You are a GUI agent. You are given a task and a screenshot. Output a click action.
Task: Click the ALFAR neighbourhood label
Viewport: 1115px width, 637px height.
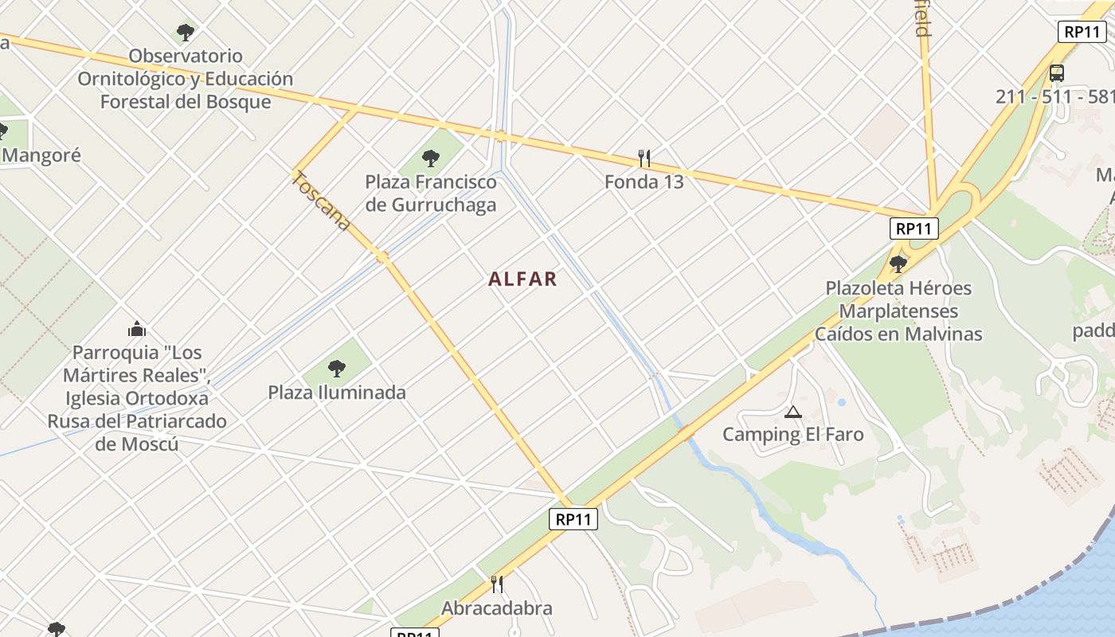522,279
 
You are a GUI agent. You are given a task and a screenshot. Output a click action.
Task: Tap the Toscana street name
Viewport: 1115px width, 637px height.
321,201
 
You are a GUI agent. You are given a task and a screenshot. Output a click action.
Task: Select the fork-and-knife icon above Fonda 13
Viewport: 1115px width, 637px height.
644,158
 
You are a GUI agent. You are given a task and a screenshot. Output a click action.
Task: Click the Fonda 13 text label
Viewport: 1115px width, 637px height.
644,182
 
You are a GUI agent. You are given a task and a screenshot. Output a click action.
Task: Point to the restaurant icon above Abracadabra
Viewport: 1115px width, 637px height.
497,584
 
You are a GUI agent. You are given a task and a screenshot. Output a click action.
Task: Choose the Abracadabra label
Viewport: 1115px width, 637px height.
497,608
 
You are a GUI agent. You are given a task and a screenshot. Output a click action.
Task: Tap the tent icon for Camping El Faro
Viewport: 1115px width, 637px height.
792,412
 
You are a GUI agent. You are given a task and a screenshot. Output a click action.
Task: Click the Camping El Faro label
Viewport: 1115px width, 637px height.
792,435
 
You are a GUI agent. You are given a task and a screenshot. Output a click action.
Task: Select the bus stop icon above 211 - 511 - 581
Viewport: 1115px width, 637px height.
1056,73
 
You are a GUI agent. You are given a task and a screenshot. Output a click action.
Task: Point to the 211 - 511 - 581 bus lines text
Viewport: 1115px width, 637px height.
1054,97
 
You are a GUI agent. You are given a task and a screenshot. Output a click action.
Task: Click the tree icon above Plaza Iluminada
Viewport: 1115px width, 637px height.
337,369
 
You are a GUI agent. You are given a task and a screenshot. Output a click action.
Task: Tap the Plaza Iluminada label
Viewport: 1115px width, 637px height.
337,393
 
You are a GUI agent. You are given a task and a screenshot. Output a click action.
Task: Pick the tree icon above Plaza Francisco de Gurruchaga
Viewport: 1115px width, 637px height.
431,158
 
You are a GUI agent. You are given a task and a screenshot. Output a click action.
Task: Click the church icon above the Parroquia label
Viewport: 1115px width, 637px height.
137,329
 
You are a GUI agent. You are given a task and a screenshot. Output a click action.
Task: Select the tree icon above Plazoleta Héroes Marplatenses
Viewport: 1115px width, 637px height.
898,264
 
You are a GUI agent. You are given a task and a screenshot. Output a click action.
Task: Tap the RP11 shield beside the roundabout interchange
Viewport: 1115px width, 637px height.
914,229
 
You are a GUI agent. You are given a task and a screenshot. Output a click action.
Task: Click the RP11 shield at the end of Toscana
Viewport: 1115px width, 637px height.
573,519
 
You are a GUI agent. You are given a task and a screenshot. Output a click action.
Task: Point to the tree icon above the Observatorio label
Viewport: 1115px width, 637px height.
186,33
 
